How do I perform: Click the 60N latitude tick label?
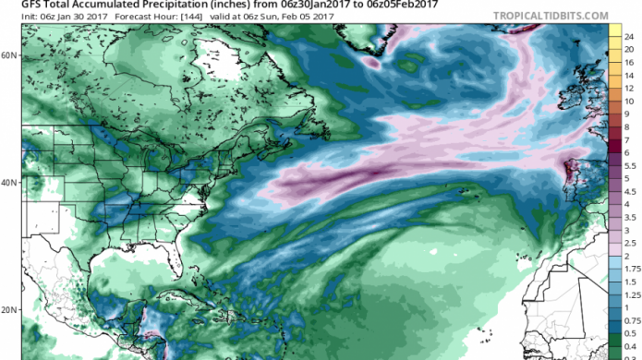pos(9,55)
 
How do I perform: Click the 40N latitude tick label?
pos(9,183)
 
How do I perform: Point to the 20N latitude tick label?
pos(9,310)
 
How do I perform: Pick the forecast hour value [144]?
pos(178,16)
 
